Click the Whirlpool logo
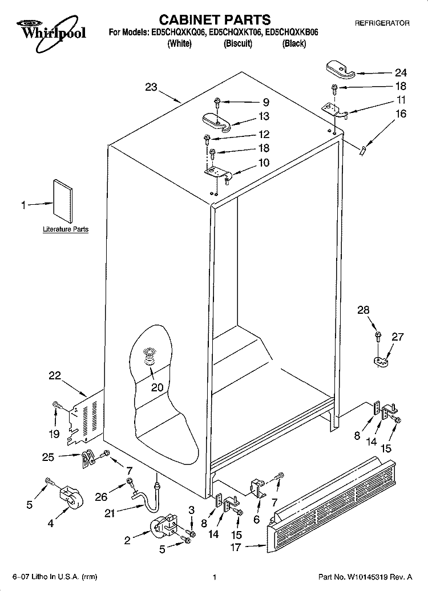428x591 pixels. coord(51,33)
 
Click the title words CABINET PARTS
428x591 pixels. coord(215,19)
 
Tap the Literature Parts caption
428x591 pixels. coord(66,229)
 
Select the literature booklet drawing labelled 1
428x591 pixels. coord(63,201)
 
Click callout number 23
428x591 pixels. coord(151,87)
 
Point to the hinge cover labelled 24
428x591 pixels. coord(340,69)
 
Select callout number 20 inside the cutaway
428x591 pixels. coord(158,387)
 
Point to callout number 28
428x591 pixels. coord(363,310)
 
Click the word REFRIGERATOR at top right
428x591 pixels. coord(382,23)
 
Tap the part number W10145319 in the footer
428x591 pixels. coord(371,577)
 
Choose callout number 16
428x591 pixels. coord(401,114)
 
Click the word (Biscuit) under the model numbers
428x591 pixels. coord(237,44)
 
